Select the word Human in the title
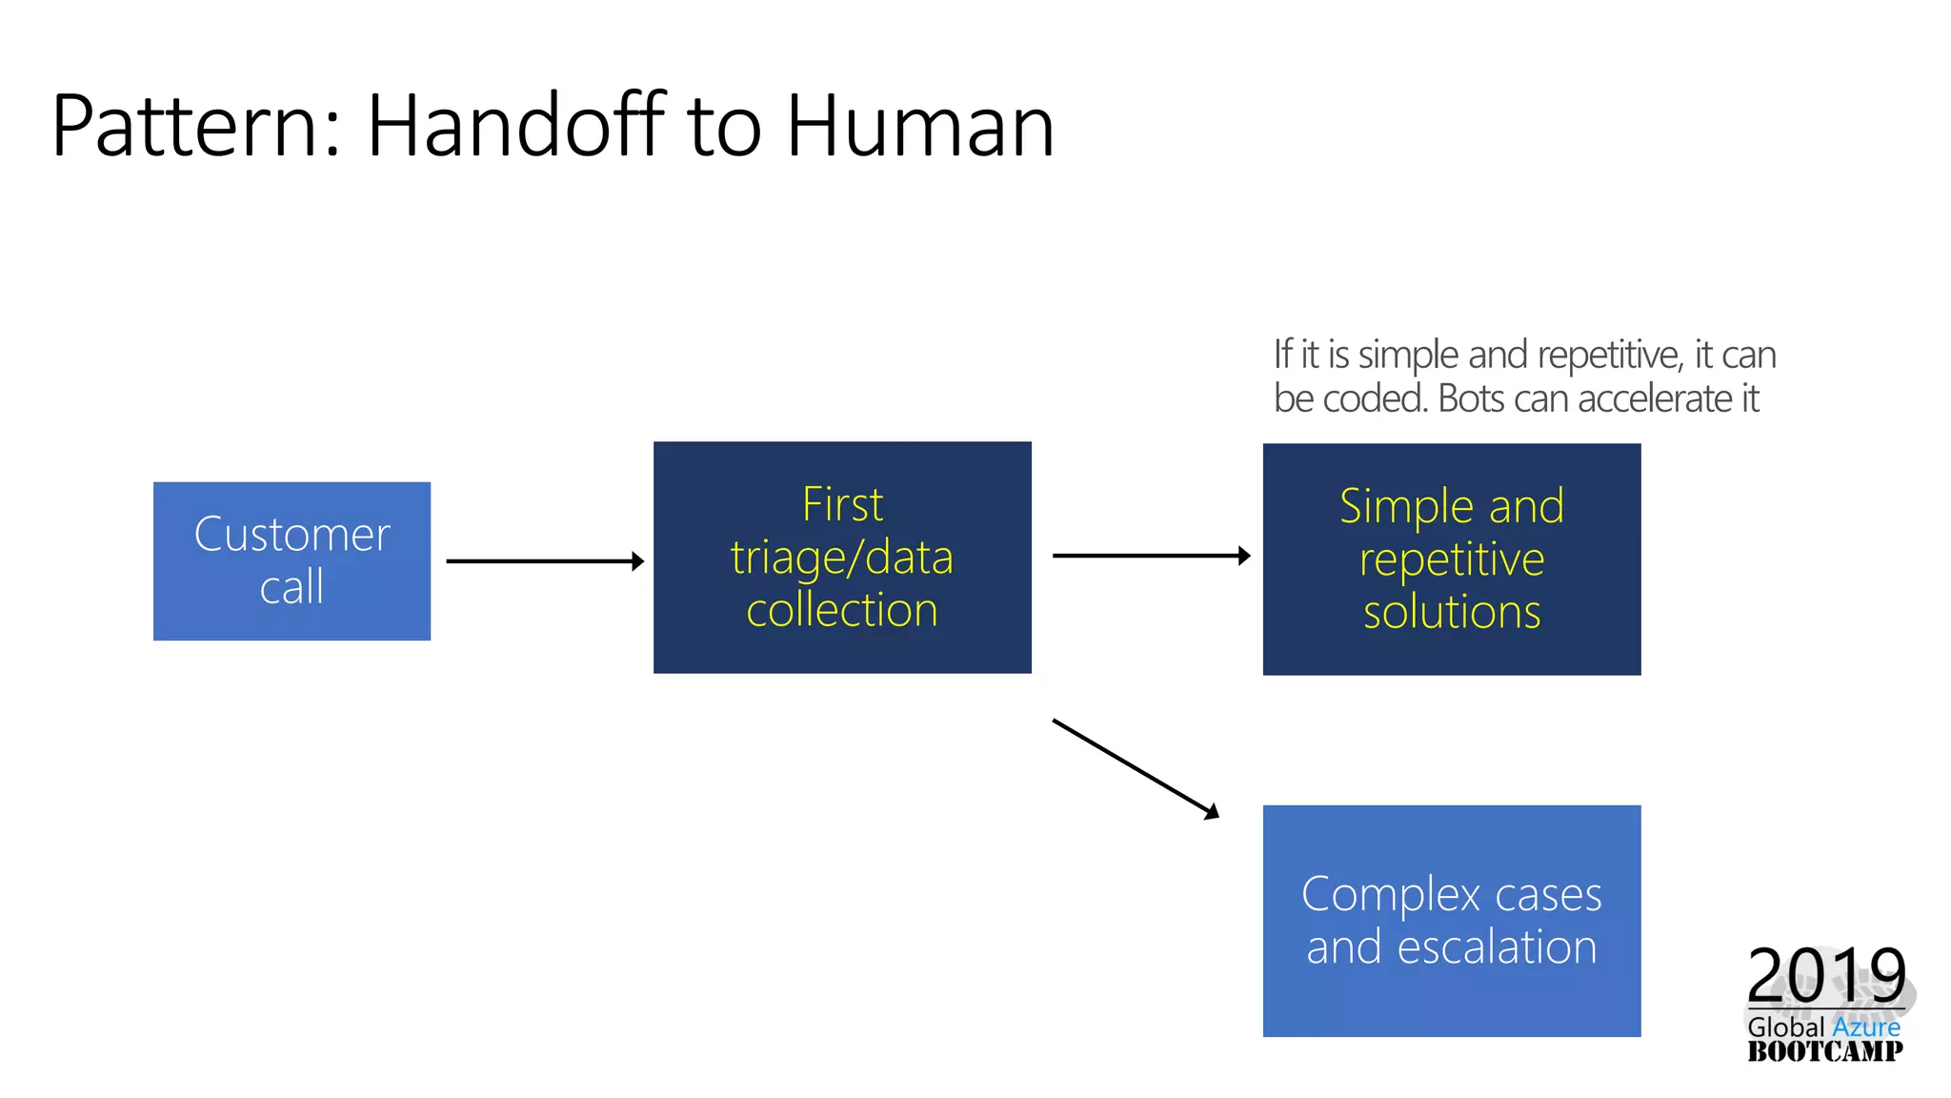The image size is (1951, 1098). (919, 126)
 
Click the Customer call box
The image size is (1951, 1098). (292, 560)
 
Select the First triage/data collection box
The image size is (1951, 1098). (842, 557)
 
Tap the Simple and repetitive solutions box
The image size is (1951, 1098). (1451, 559)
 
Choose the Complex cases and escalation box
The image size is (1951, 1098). (1451, 920)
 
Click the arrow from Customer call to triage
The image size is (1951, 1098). (544, 561)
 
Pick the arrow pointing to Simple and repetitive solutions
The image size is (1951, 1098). (1150, 556)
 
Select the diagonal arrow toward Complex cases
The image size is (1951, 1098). (1134, 768)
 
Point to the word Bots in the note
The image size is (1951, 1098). (1471, 398)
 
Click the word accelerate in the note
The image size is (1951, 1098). (1654, 398)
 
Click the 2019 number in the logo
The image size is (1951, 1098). (1825, 974)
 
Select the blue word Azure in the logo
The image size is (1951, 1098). (1865, 1027)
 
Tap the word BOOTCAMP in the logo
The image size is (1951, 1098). (1824, 1050)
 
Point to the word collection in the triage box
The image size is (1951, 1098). (842, 610)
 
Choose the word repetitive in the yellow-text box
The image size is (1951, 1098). (1451, 559)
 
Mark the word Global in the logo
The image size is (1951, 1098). (1785, 1027)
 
